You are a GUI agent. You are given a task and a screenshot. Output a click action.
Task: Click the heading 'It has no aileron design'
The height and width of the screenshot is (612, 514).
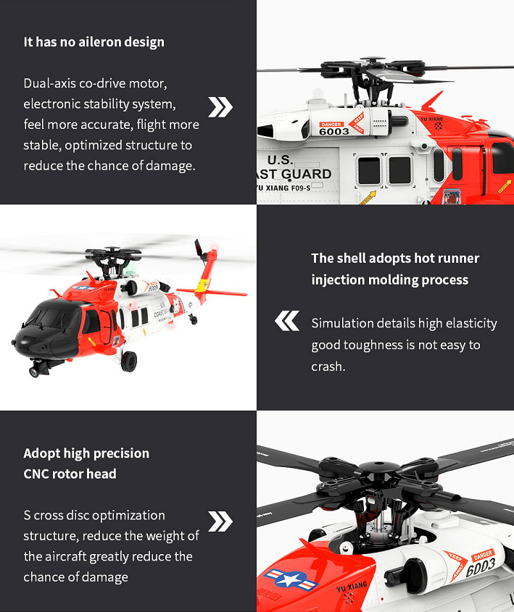point(94,42)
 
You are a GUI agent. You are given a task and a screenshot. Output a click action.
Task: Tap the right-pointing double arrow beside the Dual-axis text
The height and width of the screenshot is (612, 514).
point(220,106)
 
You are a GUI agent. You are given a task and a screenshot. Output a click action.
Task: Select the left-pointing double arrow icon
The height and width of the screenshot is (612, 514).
point(287,320)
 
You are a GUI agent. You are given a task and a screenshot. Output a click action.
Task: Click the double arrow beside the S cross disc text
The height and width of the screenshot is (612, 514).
point(220,521)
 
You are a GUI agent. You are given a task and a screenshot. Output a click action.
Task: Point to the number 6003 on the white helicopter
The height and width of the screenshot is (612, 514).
point(334,131)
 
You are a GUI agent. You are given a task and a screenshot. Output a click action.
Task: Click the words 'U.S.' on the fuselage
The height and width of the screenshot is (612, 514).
point(281,160)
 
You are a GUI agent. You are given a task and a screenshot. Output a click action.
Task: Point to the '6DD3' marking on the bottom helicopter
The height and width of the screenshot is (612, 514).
point(481,569)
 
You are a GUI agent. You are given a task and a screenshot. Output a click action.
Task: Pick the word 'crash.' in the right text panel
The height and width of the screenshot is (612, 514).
point(328,366)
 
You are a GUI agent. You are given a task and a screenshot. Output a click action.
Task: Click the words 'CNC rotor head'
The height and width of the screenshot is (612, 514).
point(70,474)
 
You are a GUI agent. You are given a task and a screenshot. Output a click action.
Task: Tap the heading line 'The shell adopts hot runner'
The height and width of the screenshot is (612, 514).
point(395,259)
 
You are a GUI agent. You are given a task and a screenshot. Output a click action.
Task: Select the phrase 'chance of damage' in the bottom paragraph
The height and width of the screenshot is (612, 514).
point(75,577)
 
